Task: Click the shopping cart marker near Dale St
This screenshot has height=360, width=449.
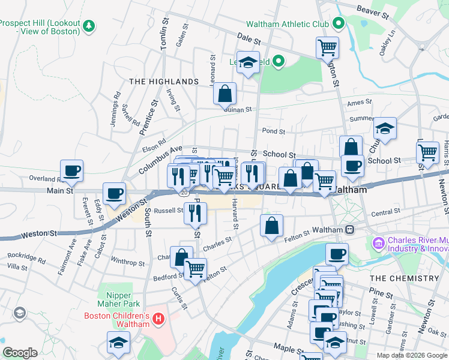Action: click(327, 47)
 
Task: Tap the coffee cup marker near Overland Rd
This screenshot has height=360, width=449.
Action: click(71, 170)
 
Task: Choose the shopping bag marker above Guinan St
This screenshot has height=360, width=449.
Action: click(225, 94)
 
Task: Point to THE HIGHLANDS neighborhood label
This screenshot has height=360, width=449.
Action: click(163, 81)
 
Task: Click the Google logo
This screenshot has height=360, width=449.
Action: click(20, 353)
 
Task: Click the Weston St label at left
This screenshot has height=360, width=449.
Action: click(39, 234)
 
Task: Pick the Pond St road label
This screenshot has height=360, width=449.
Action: click(273, 131)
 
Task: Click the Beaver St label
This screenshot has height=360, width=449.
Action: click(374, 10)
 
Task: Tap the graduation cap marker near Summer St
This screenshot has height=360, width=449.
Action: click(385, 128)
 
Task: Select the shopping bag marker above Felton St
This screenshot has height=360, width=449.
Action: click(271, 226)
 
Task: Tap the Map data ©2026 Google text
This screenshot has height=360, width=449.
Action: click(411, 355)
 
